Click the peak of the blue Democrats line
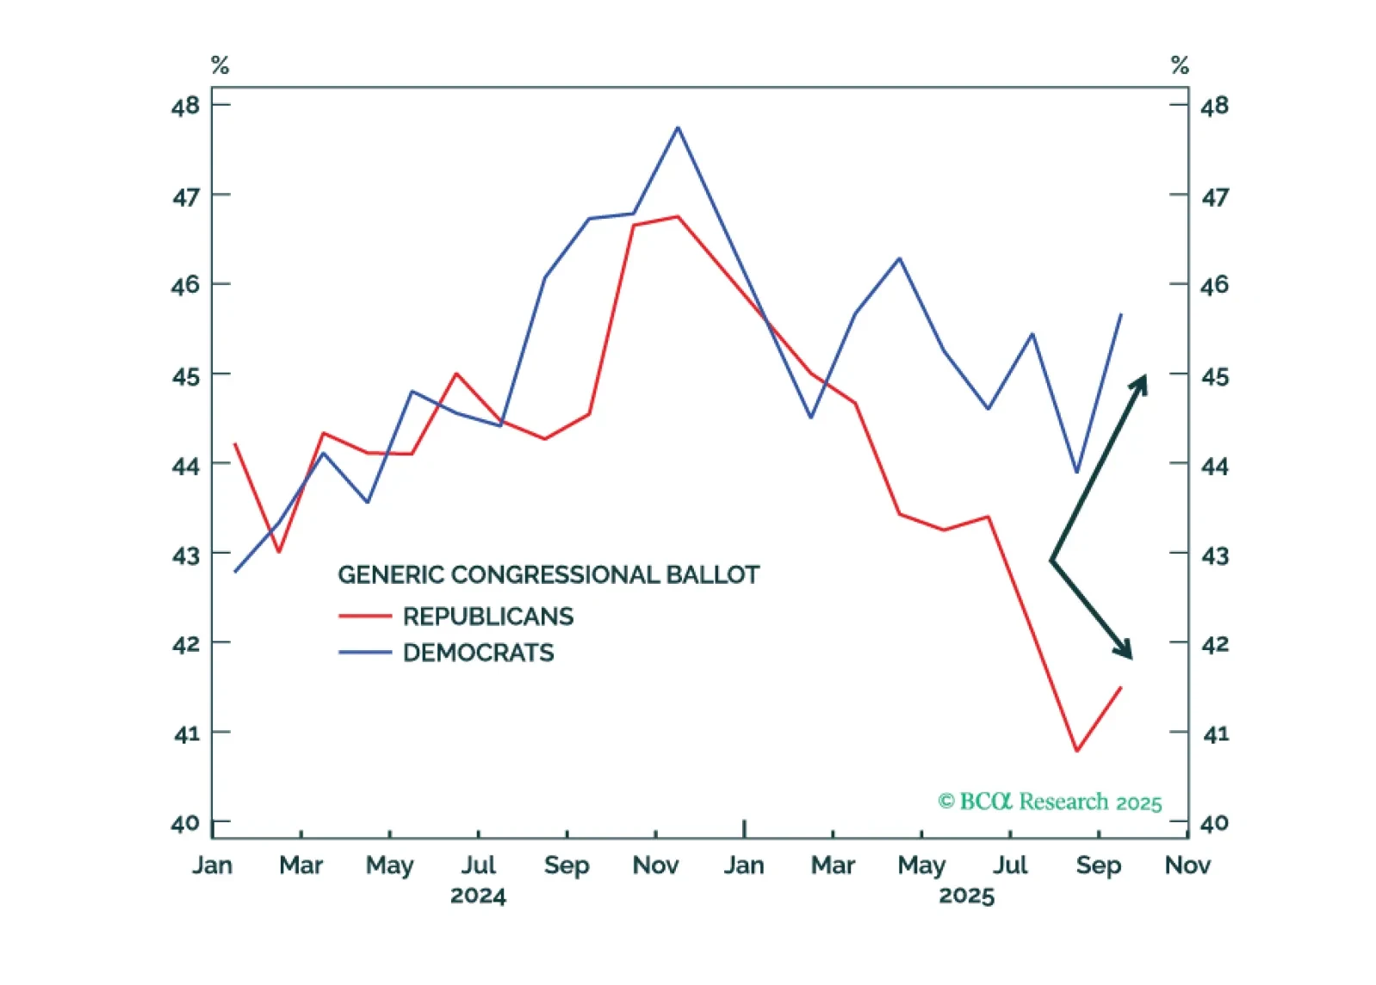pyautogui.click(x=678, y=128)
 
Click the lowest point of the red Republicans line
pyautogui.click(x=1076, y=751)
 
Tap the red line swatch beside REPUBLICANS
pyautogui.click(x=365, y=616)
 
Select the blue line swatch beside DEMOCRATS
pyautogui.click(x=365, y=653)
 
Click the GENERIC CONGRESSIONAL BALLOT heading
pyautogui.click(x=549, y=575)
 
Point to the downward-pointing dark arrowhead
pyautogui.click(x=1125, y=652)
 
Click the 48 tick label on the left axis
pyautogui.click(x=185, y=107)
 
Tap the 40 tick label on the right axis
pyautogui.click(x=1214, y=824)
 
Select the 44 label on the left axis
pyautogui.click(x=185, y=467)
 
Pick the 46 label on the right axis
pyautogui.click(x=1214, y=285)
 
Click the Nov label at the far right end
pyautogui.click(x=1187, y=865)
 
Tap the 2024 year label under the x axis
pyautogui.click(x=478, y=896)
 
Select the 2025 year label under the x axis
pyautogui.click(x=966, y=896)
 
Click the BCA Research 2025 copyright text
pyautogui.click(x=1050, y=802)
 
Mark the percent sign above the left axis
pyautogui.click(x=220, y=65)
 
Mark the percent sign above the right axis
pyautogui.click(x=1180, y=65)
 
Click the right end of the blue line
pyautogui.click(x=1121, y=314)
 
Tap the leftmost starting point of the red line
pyautogui.click(x=235, y=444)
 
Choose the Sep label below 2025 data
pyautogui.click(x=1098, y=865)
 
